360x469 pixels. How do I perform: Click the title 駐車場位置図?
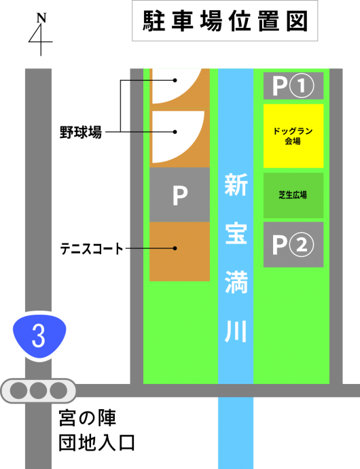(225, 21)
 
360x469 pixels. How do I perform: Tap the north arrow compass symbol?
(41, 35)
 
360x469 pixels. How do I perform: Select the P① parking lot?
(293, 86)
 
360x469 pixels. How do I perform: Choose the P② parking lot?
(293, 245)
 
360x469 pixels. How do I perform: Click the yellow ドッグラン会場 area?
(293, 136)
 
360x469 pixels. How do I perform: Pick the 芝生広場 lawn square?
(293, 195)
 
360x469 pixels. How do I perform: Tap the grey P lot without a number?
(180, 194)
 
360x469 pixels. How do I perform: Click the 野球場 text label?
(81, 132)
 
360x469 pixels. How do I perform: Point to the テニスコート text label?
(92, 249)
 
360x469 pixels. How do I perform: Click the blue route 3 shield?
(39, 335)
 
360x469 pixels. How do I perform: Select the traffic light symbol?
(38, 391)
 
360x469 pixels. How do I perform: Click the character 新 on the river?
(236, 185)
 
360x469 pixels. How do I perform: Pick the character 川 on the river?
(236, 331)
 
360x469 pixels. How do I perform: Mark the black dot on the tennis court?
(175, 248)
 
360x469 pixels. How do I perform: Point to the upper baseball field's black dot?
(175, 80)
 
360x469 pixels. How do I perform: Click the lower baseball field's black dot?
(175, 132)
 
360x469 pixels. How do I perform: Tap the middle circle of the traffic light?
(38, 391)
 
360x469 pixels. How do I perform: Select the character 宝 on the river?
(236, 233)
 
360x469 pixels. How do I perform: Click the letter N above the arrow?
(41, 18)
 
